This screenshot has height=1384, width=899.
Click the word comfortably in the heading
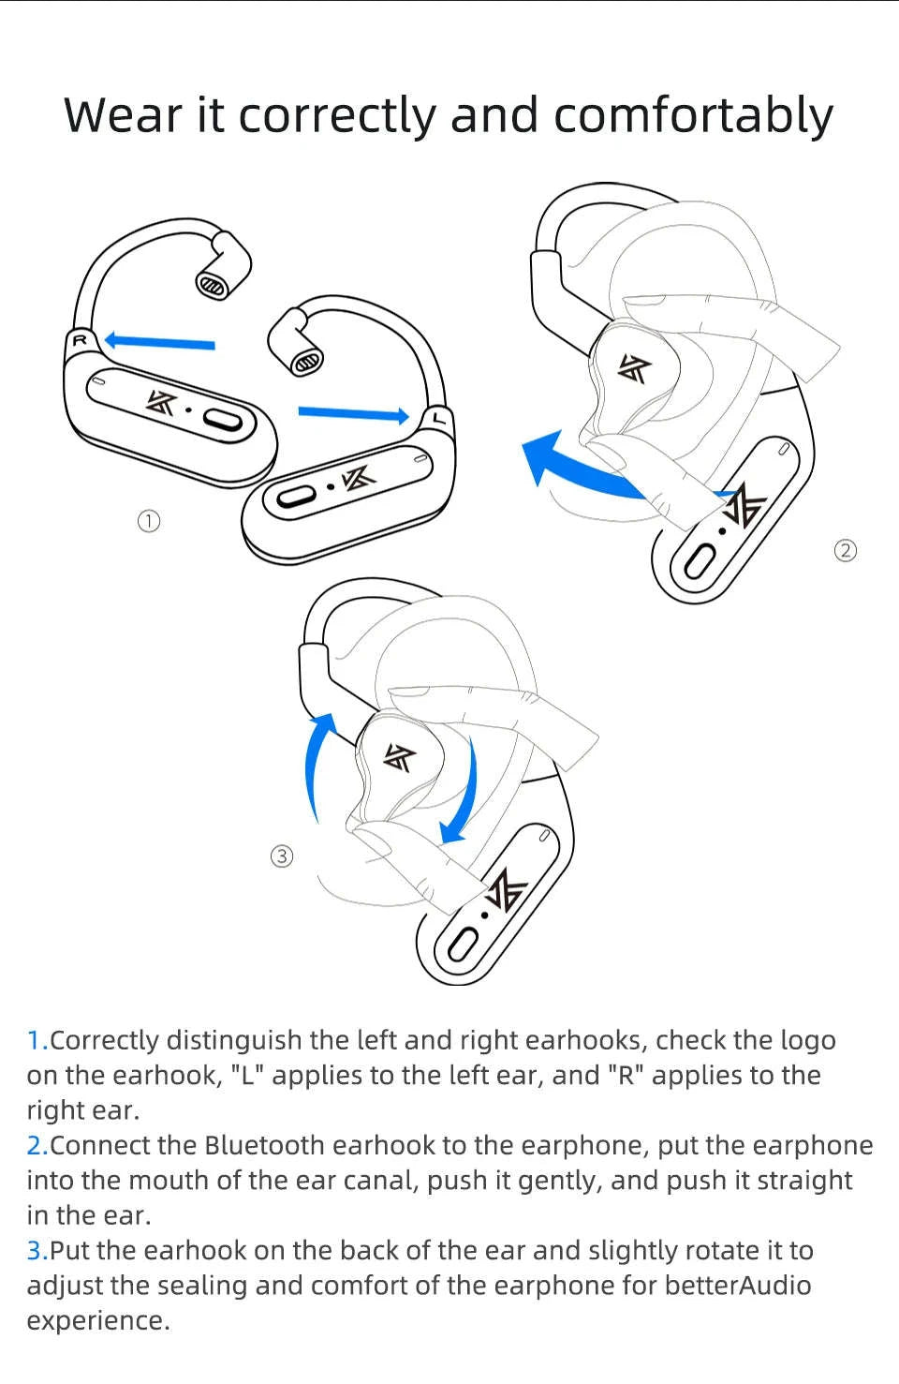(693, 116)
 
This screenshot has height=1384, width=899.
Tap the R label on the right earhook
(80, 340)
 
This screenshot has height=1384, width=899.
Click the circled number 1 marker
(148, 521)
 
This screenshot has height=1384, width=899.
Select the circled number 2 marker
(845, 550)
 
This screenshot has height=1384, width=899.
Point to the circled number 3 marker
(282, 856)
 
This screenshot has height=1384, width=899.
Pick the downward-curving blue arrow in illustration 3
(464, 792)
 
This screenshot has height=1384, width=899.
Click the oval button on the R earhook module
(226, 421)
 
